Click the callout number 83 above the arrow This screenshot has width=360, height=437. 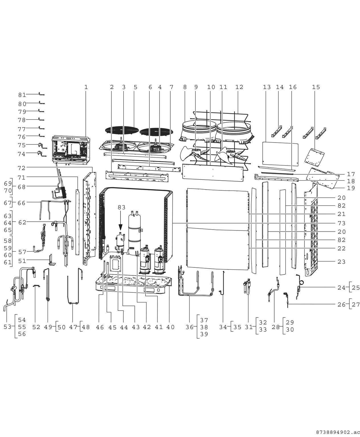(121, 207)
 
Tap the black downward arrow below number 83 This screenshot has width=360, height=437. (120, 226)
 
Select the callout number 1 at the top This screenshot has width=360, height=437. (86, 87)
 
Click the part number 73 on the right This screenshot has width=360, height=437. (341, 223)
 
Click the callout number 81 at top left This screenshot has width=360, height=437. (22, 95)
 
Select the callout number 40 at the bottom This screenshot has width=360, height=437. (170, 327)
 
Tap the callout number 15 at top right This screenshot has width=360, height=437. (316, 87)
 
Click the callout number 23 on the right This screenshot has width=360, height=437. (341, 261)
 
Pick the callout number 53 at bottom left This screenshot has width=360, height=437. (7, 327)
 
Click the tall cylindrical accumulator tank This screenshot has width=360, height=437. (135, 230)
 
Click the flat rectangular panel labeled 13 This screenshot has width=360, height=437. (280, 154)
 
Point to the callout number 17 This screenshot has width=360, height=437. (351, 174)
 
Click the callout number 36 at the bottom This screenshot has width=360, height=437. (189, 327)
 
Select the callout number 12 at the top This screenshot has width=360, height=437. (239, 87)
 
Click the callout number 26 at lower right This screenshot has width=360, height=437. (341, 304)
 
